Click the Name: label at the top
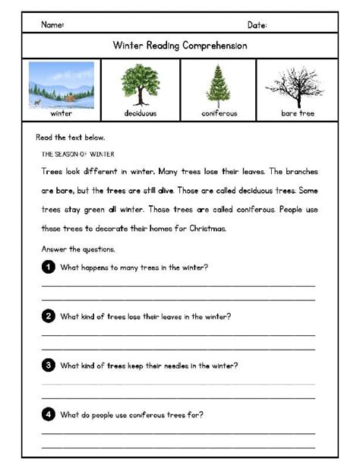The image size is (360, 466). [x=52, y=25]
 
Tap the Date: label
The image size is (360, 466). [x=257, y=25]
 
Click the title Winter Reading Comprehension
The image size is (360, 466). [x=179, y=46]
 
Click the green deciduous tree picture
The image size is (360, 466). [x=141, y=84]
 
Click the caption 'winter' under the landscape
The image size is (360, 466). [x=62, y=113]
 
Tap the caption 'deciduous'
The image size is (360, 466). [x=141, y=113]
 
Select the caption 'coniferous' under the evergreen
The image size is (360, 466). [x=219, y=113]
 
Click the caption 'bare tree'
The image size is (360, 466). [x=297, y=113]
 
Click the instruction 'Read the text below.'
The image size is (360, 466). [x=71, y=138]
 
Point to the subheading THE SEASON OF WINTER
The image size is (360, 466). [x=77, y=154]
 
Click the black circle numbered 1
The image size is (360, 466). [x=49, y=267]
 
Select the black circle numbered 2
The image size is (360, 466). [x=49, y=315]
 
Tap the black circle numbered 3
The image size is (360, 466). [x=49, y=365]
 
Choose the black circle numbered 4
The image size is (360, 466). [x=49, y=414]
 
